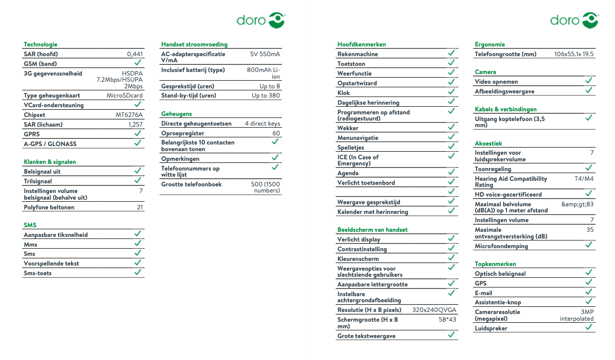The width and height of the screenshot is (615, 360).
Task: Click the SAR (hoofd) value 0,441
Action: (135, 54)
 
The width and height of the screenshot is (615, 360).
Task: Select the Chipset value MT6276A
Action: (129, 115)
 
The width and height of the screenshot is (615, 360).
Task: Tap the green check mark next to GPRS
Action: (138, 134)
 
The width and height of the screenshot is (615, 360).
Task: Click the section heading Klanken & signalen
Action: (50, 162)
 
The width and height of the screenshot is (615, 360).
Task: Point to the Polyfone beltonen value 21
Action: (139, 207)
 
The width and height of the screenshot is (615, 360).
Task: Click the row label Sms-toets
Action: (38, 273)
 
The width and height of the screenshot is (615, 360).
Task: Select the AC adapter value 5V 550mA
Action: (265, 54)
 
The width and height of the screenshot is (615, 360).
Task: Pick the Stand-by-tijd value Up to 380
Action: (266, 95)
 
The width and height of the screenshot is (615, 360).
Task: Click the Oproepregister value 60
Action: (276, 133)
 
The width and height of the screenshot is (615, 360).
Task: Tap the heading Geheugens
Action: (176, 114)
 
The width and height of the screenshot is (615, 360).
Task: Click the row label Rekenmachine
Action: (358, 54)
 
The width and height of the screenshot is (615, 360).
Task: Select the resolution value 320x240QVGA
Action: (434, 310)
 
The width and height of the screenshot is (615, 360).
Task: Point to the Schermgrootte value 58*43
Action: (447, 320)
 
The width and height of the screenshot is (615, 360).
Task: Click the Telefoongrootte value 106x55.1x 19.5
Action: (574, 54)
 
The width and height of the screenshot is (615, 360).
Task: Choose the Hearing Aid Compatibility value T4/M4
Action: (584, 179)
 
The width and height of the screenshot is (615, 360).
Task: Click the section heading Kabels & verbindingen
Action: (505, 109)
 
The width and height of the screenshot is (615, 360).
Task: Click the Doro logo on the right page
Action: (574, 20)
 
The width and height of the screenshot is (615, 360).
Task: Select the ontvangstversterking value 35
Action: (590, 230)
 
